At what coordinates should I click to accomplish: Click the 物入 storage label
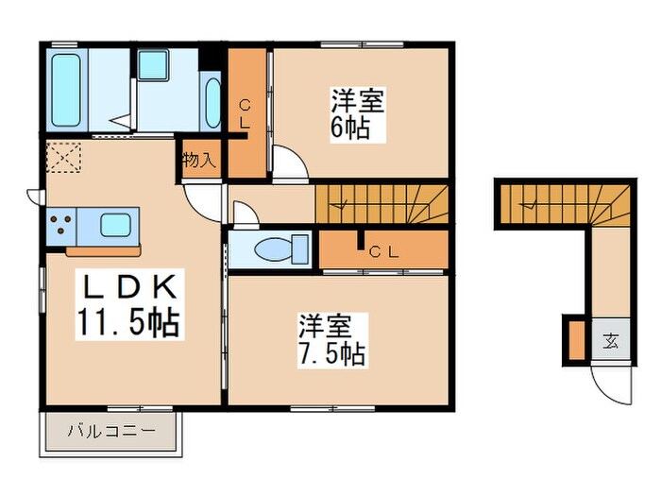[x=199, y=160]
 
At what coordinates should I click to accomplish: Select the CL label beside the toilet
[x=382, y=251]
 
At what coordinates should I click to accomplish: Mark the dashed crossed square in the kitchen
[x=65, y=157]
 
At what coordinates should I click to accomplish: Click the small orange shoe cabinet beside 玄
[x=576, y=340]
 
